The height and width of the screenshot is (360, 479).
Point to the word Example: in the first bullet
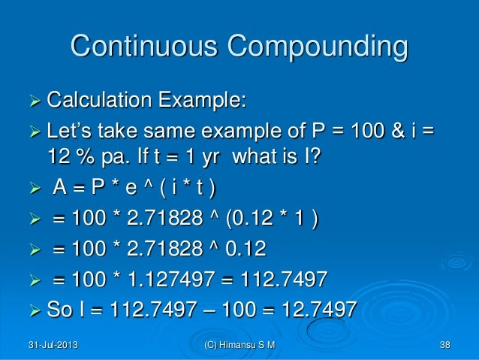[201, 100]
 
